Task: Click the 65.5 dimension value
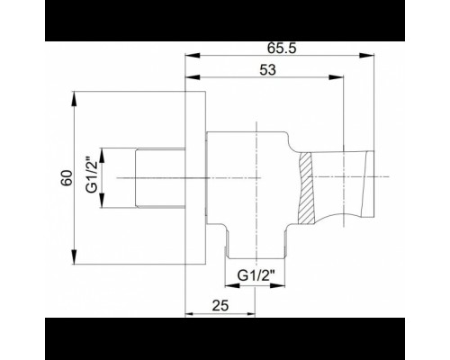[282, 48]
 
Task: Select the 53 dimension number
[267, 70]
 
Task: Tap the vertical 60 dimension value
[67, 178]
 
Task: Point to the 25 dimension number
[220, 305]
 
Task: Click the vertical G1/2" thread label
[92, 175]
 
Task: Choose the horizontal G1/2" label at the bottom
[256, 275]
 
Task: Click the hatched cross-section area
[306, 188]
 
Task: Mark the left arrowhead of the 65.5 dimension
[193, 55]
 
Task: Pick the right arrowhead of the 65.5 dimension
[367, 55]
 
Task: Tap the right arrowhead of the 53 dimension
[337, 77]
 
